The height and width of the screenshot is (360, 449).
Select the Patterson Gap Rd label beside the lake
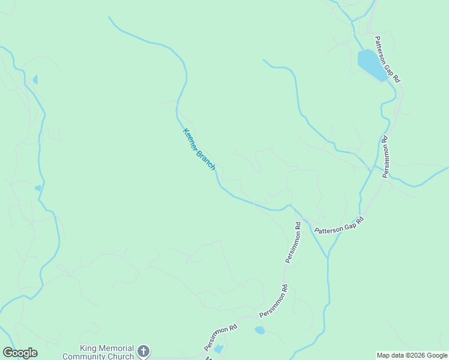point(388,59)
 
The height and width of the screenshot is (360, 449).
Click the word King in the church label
point(89,349)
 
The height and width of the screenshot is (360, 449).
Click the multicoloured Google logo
point(20,353)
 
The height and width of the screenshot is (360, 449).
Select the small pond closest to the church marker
point(218,349)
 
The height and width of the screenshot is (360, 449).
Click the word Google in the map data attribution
point(438,355)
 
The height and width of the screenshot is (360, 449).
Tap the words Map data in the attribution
point(390,355)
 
